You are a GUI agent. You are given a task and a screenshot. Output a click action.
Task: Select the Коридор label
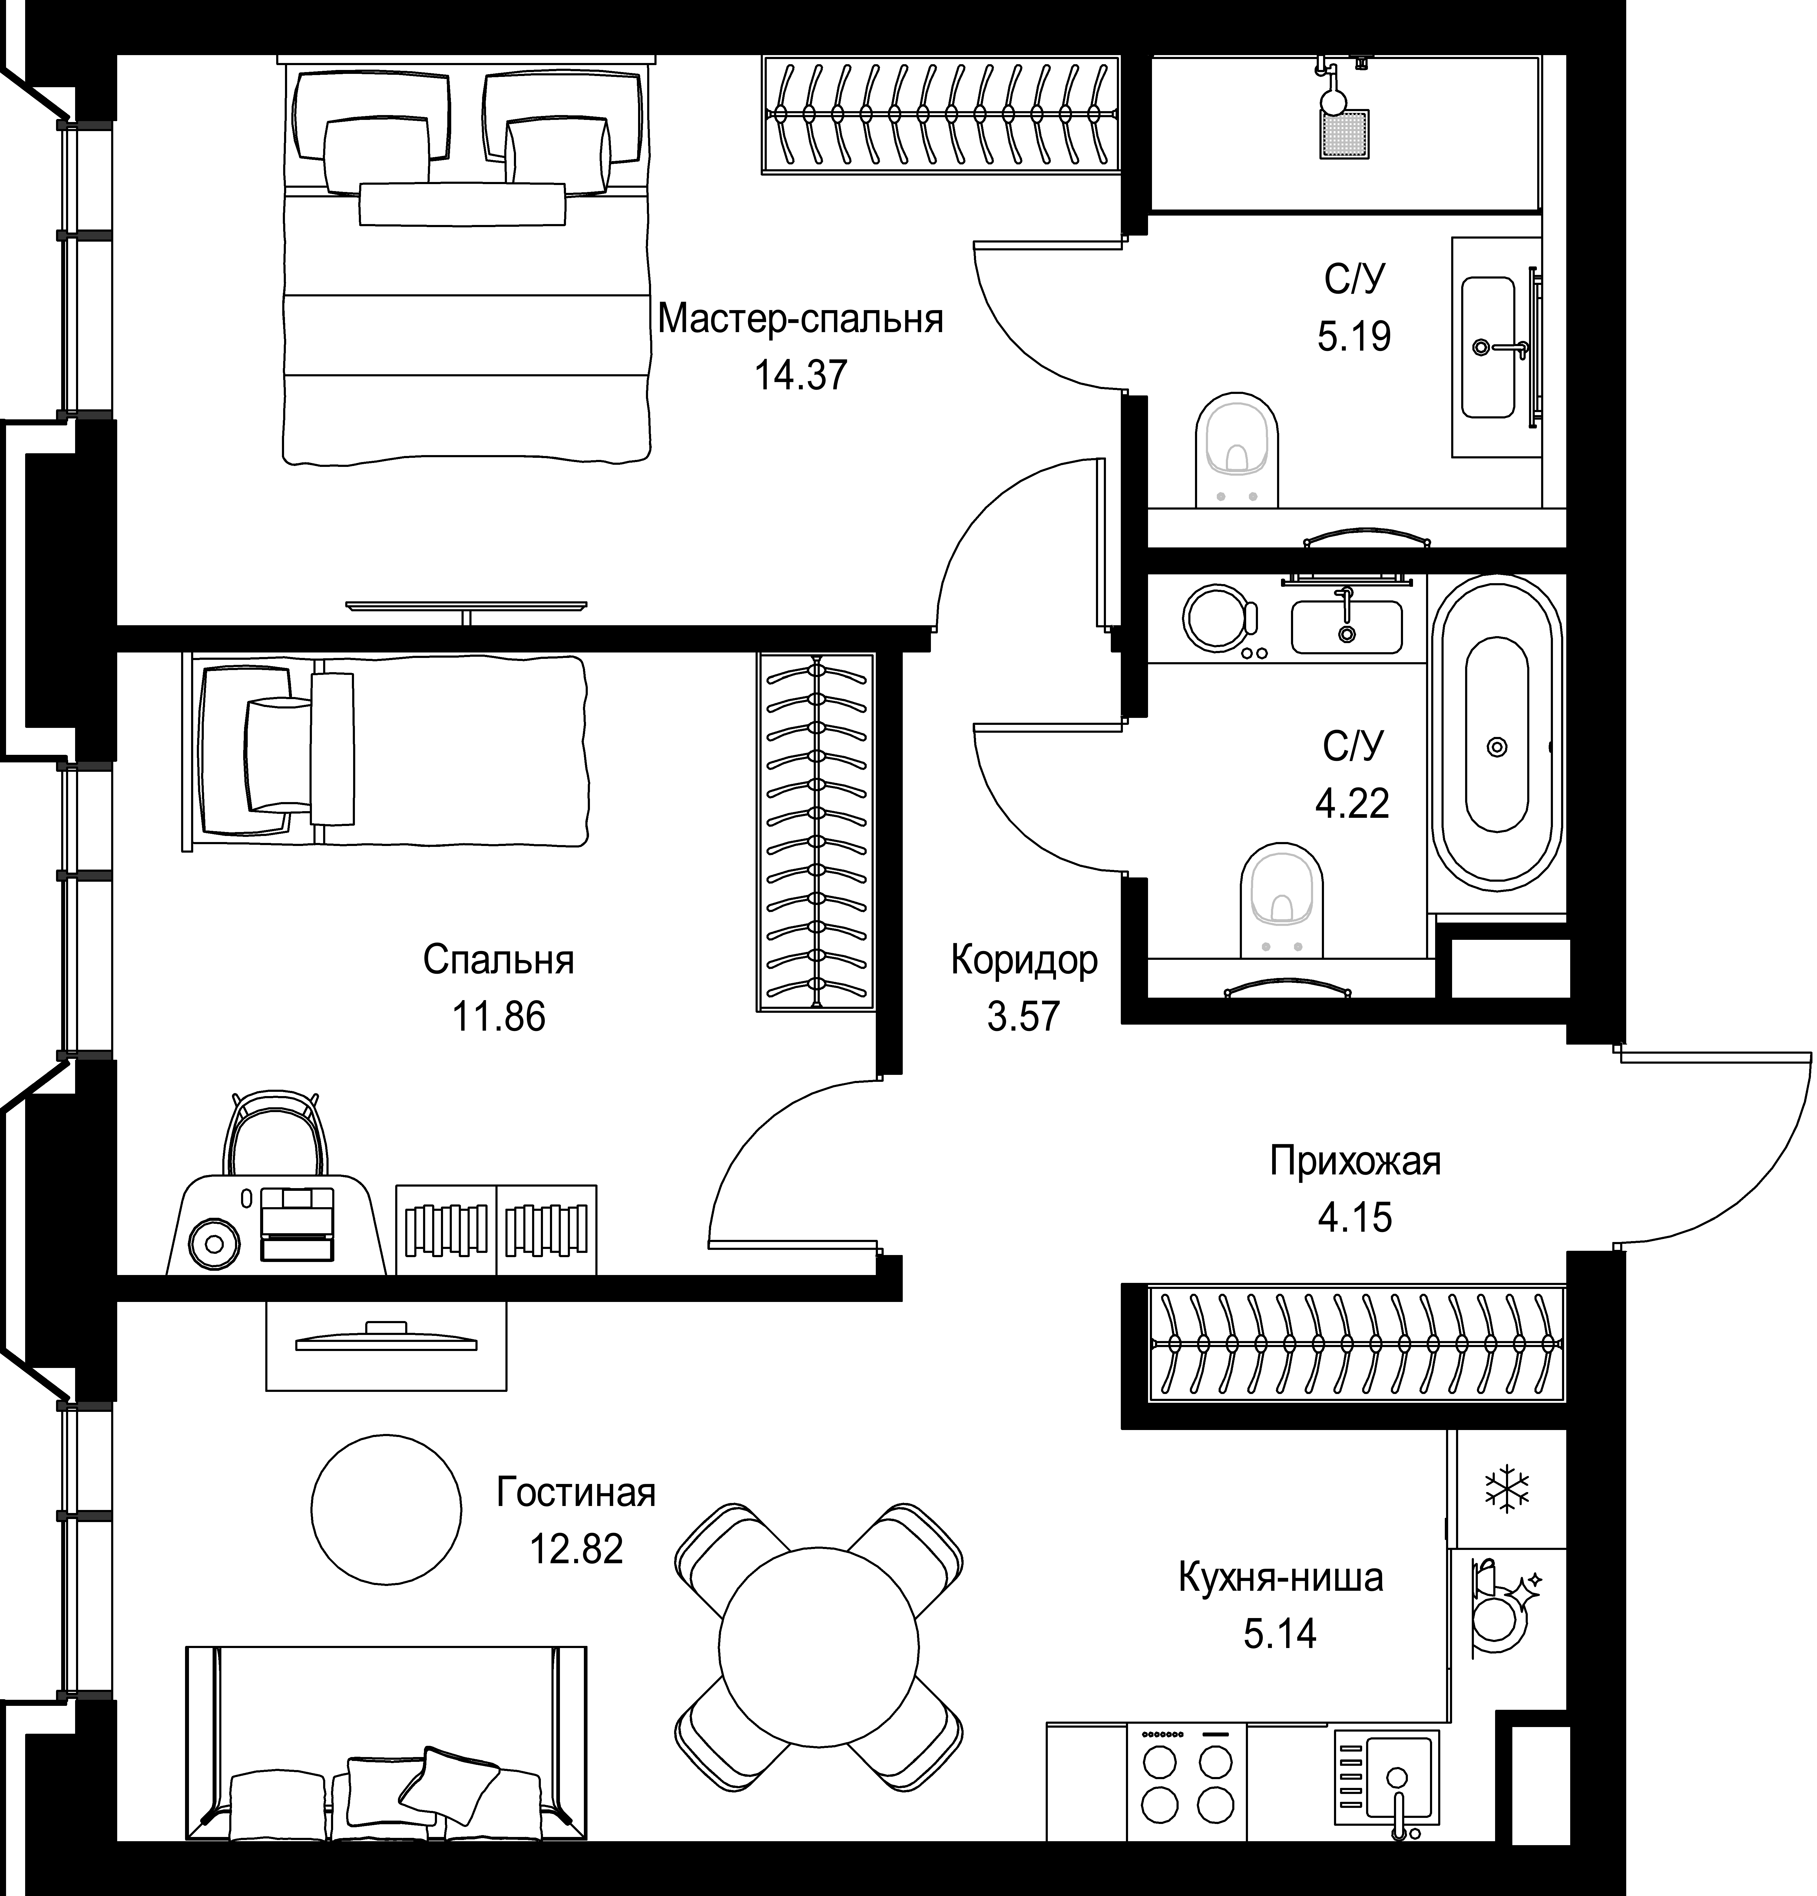[x=1024, y=960]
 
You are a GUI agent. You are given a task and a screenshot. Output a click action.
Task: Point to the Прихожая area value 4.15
[x=1355, y=1217]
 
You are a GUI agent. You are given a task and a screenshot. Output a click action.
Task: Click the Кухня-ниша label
[x=1280, y=1578]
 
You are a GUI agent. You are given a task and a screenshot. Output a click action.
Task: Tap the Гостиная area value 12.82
[x=576, y=1549]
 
